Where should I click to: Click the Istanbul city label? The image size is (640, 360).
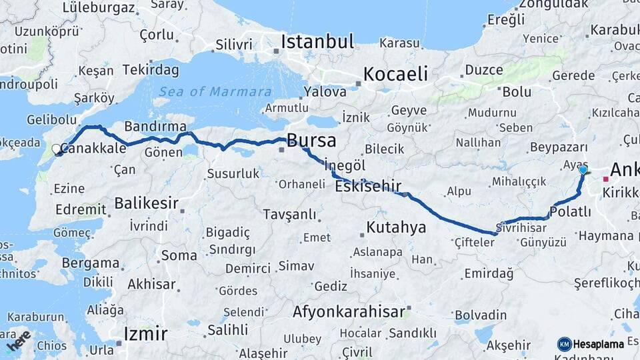click(x=317, y=42)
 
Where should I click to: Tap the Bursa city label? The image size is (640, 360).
click(x=311, y=141)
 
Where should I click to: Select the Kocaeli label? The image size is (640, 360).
click(x=395, y=74)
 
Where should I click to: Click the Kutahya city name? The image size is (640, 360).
click(x=396, y=228)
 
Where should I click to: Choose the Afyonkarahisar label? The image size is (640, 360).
click(x=349, y=311)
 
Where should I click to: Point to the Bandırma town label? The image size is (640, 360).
click(x=155, y=126)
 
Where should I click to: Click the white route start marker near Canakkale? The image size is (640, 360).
click(x=57, y=150)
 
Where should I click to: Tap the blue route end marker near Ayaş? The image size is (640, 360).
click(x=583, y=170)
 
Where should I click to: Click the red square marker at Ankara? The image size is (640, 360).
click(x=605, y=179)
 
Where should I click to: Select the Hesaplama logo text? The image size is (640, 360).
click(x=598, y=344)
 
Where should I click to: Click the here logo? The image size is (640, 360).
click(x=19, y=340)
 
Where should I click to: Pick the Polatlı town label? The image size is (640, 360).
click(x=571, y=212)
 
